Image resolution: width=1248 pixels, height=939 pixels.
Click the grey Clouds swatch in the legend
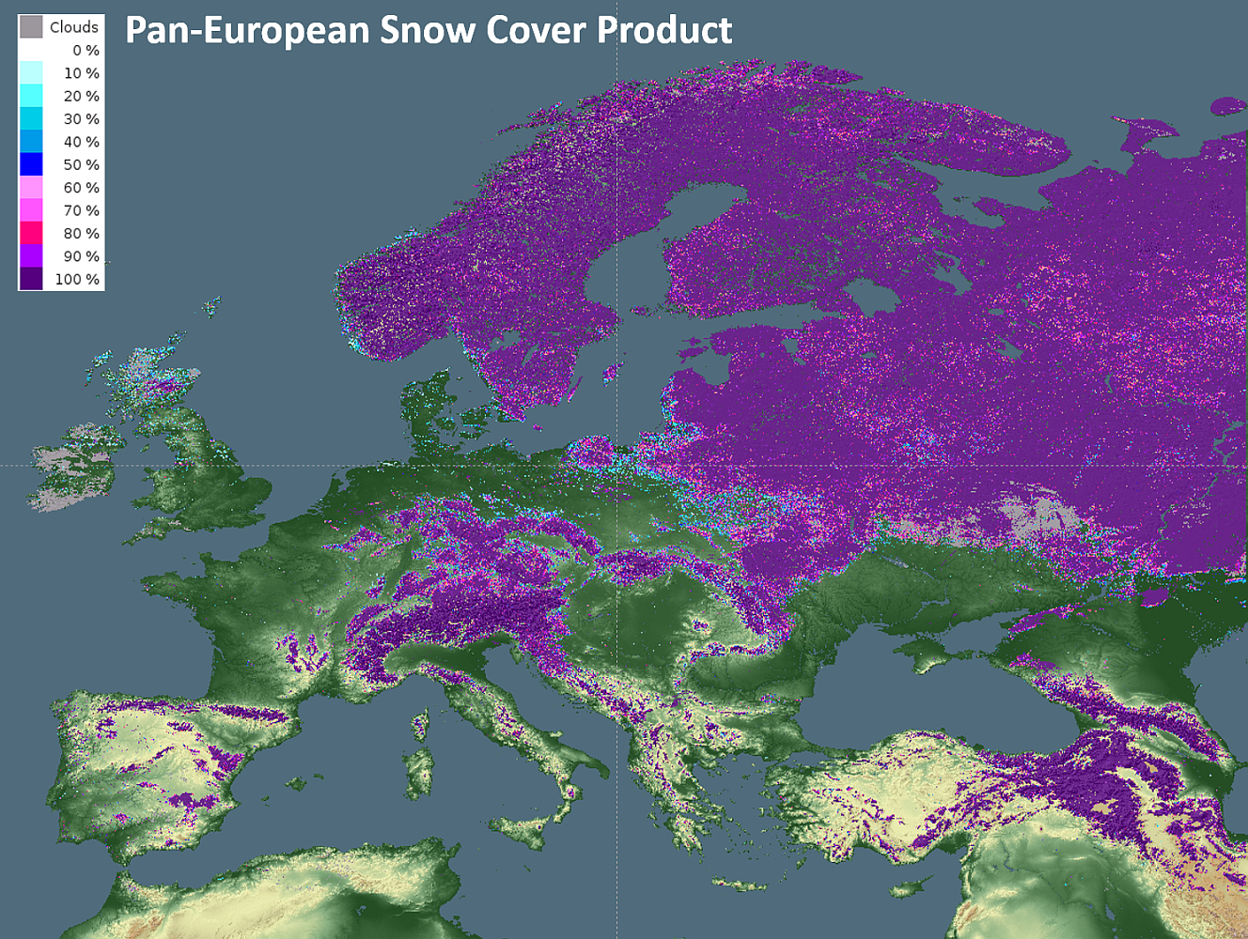point(31,26)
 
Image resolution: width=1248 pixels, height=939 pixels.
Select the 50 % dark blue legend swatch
point(31,164)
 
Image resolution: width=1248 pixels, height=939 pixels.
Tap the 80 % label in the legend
point(81,234)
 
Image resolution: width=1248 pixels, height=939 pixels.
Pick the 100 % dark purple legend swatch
point(31,279)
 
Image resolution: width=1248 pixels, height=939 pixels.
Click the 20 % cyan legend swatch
point(31,96)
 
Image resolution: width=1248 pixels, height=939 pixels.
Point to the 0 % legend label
point(86,51)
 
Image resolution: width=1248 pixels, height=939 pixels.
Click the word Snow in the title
point(428,30)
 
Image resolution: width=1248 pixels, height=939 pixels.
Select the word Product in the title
point(664,30)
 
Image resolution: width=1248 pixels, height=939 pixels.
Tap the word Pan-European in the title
point(247,30)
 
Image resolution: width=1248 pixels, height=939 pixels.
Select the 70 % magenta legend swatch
point(31,210)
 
